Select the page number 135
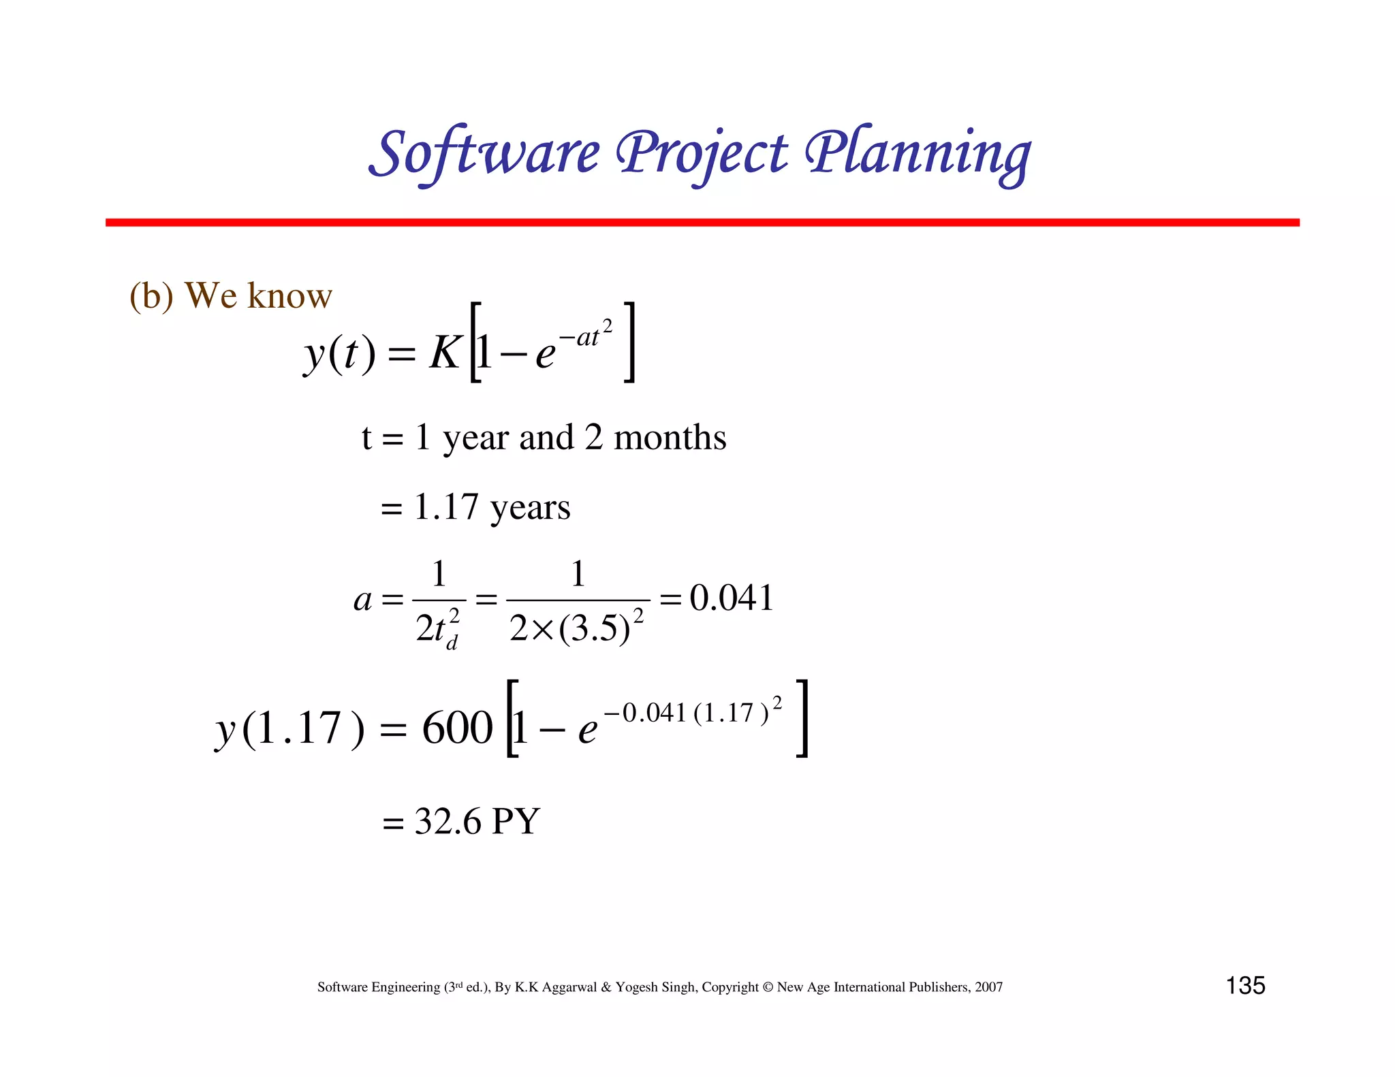click(x=1245, y=985)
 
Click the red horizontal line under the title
click(x=702, y=223)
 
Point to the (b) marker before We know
click(x=151, y=296)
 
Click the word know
click(x=289, y=296)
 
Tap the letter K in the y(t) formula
click(x=445, y=353)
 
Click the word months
click(x=670, y=437)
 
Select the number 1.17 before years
click(x=445, y=507)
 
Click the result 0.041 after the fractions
click(x=731, y=598)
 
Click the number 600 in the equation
click(x=457, y=728)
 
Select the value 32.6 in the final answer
click(x=448, y=821)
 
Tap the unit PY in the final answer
click(x=516, y=821)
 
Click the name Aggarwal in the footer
click(x=569, y=987)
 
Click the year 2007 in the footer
click(x=988, y=987)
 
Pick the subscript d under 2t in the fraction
click(x=452, y=643)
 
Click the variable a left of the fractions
click(x=362, y=600)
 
